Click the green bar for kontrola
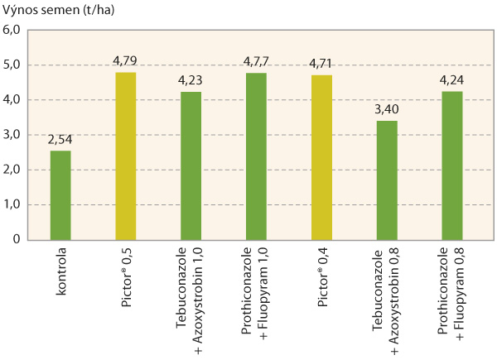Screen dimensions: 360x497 pyautogui.click(x=60, y=195)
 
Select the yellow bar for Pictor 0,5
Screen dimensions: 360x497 pyautogui.click(x=124, y=156)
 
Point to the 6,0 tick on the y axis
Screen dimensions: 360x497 pyautogui.click(x=12, y=30)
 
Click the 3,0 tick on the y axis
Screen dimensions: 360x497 pyautogui.click(x=12, y=135)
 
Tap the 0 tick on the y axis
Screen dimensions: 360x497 pyautogui.click(x=16, y=239)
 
